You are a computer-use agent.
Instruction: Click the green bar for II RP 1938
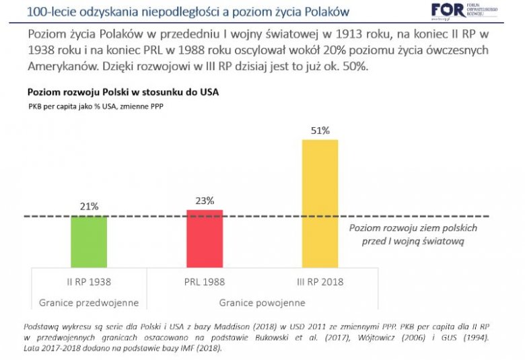pos(90,241)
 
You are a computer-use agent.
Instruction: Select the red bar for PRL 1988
pos(205,238)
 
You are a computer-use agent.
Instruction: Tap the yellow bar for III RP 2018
pos(320,203)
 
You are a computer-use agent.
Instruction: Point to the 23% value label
pos(205,201)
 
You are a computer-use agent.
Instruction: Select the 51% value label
pos(320,131)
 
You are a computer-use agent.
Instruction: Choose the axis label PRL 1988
pos(205,281)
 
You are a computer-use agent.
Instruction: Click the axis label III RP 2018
pos(320,281)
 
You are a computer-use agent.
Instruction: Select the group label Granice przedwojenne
pos(90,302)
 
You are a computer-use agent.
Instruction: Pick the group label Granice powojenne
pos(262,302)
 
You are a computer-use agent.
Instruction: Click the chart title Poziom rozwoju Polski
pos(123,92)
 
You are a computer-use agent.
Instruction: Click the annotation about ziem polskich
pos(413,233)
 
